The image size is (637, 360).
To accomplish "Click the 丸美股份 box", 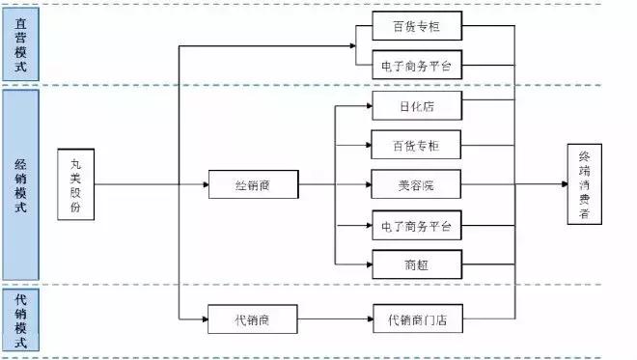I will click(x=76, y=183).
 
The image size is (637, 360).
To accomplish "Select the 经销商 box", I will click(x=253, y=183).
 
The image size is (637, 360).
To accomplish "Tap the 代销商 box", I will click(x=253, y=318).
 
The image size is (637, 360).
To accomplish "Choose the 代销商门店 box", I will click(x=417, y=318).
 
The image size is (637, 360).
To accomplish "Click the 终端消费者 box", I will click(x=585, y=183).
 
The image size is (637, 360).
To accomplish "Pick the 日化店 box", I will click(x=417, y=104).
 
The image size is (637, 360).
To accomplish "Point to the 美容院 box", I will click(x=417, y=183).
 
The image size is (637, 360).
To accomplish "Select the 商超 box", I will click(x=417, y=263).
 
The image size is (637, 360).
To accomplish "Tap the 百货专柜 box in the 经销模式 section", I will click(x=417, y=145).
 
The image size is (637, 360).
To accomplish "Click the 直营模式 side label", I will click(x=20, y=42).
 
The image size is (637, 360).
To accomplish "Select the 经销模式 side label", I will click(x=20, y=183).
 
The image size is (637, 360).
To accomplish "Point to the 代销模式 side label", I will click(x=20, y=319).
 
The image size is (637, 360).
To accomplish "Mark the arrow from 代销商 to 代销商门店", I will click(x=334, y=318).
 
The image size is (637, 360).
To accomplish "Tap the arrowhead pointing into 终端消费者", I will click(x=563, y=183).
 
